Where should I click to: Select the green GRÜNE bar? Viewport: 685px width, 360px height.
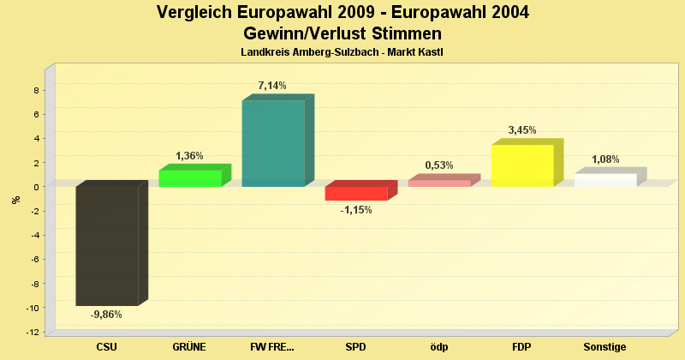[x=190, y=178]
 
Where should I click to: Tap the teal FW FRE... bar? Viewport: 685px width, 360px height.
[x=273, y=143]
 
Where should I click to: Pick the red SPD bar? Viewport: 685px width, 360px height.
[x=356, y=194]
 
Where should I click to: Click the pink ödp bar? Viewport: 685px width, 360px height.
[x=439, y=183]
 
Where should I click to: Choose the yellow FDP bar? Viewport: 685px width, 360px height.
[x=522, y=165]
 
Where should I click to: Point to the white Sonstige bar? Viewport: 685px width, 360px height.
[x=605, y=180]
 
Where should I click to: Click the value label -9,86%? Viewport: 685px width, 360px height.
[x=106, y=315]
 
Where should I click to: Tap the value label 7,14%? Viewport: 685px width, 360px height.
[x=272, y=86]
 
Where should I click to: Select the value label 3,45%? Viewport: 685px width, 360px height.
[x=522, y=130]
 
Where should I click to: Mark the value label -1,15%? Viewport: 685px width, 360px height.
[x=355, y=210]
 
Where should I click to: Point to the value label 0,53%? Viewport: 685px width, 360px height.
[x=439, y=165]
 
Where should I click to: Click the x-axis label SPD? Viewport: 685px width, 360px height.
[x=356, y=347]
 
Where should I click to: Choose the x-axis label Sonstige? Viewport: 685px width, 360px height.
[x=605, y=347]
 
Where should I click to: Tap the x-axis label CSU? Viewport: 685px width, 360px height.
[x=107, y=347]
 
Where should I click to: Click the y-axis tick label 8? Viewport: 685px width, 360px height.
[x=36, y=90]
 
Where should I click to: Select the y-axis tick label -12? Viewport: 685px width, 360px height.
[x=33, y=332]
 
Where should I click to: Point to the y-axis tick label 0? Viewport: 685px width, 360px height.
[x=36, y=187]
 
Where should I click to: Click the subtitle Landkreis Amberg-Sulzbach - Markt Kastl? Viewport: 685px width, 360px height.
[x=342, y=53]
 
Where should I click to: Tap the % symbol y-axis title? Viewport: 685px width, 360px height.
[x=15, y=200]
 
